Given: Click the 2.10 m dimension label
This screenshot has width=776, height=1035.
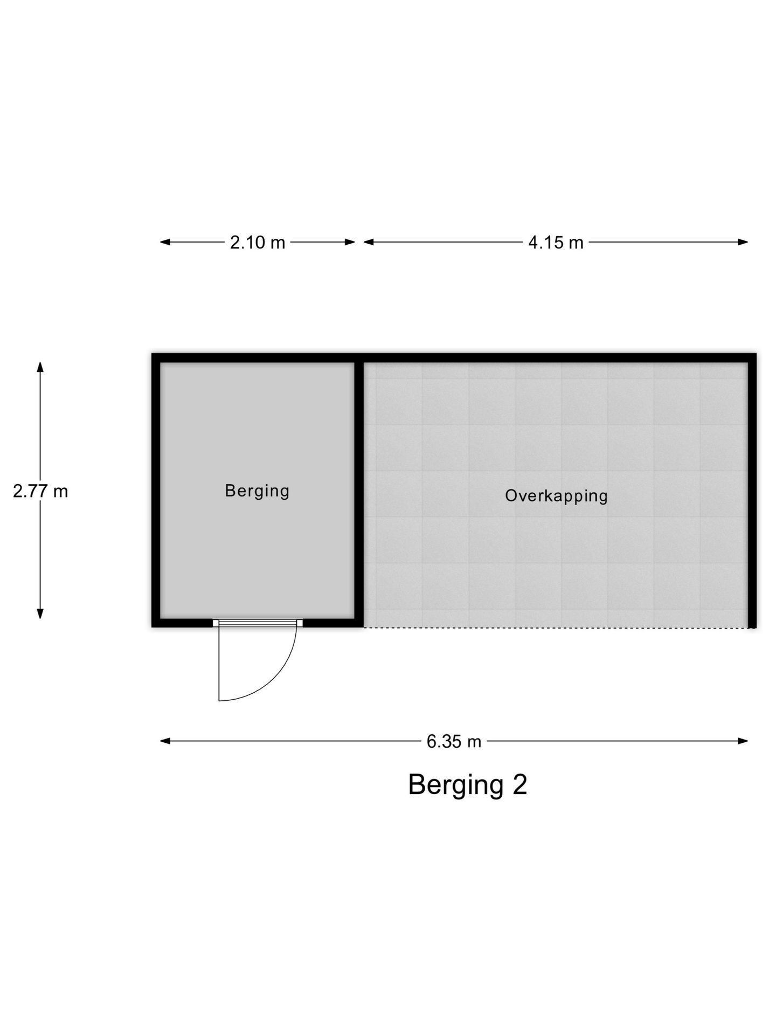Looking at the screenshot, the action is click(x=258, y=243).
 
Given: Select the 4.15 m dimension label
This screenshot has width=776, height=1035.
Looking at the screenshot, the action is click(x=556, y=243).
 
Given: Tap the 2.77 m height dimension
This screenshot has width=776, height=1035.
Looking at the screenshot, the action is click(x=40, y=491).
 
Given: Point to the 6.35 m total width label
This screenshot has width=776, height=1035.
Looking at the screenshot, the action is click(x=454, y=742).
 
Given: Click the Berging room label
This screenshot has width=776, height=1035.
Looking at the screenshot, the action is click(x=257, y=491).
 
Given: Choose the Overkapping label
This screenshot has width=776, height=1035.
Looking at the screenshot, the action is click(x=556, y=496).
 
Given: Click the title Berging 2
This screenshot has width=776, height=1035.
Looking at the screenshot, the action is click(x=467, y=785).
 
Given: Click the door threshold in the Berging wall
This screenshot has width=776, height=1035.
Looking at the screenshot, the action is click(x=258, y=623).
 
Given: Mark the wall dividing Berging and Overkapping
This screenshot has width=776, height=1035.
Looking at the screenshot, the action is click(x=359, y=491).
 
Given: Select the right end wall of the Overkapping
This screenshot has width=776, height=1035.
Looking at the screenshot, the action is click(x=752, y=491).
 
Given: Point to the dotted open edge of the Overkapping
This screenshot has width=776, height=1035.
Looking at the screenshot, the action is click(x=556, y=627).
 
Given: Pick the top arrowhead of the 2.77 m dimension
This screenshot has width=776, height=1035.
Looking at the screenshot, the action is click(x=40, y=367).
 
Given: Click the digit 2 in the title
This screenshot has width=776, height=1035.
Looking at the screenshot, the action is click(x=519, y=784).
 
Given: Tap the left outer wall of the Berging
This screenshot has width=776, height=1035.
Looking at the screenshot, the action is click(x=156, y=491).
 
